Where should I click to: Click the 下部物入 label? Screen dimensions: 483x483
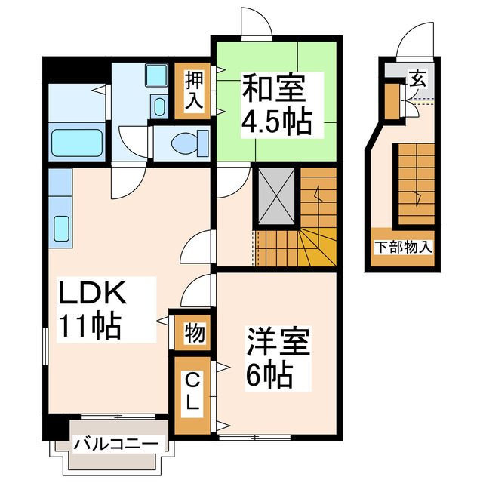click(x=404, y=247)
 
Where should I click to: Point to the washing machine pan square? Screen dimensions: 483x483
click(x=157, y=75)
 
